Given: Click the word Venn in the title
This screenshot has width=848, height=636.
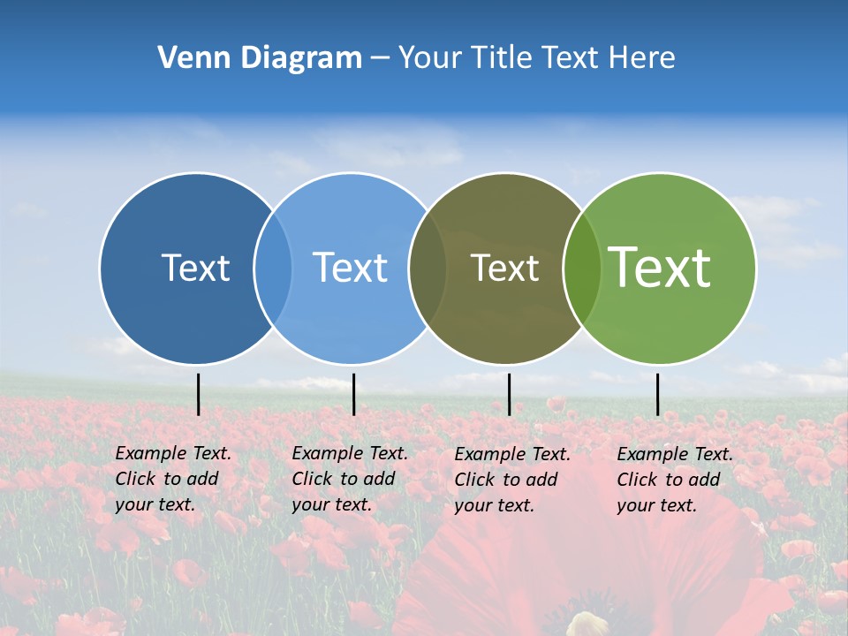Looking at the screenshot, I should tap(188, 58).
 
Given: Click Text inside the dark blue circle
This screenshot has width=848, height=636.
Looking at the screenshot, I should tap(195, 268).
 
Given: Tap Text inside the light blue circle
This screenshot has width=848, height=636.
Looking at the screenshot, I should tap(350, 268).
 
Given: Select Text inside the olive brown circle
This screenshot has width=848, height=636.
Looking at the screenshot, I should tap(504, 268).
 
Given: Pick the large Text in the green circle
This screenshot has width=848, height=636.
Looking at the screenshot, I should tap(660, 268).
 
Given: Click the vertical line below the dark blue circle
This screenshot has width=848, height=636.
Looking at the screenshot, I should tap(198, 394).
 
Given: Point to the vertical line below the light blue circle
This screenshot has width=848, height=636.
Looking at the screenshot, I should tap(353, 394).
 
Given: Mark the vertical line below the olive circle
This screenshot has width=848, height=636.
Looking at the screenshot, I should tap(509, 394).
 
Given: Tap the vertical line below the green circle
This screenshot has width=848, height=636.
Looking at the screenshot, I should tap(657, 394).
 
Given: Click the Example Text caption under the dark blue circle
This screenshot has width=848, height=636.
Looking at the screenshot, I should tap(173, 479).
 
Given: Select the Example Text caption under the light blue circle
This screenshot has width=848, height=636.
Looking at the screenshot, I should tap(350, 479).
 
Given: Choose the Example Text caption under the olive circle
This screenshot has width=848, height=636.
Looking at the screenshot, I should tap(512, 480).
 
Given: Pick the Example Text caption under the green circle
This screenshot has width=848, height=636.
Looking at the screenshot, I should tap(675, 480).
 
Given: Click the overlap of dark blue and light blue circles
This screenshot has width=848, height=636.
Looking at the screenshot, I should tap(273, 268).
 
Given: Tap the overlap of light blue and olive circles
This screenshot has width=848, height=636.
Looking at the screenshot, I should tap(428, 268).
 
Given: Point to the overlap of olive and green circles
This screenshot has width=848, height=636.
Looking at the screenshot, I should tap(582, 268).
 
